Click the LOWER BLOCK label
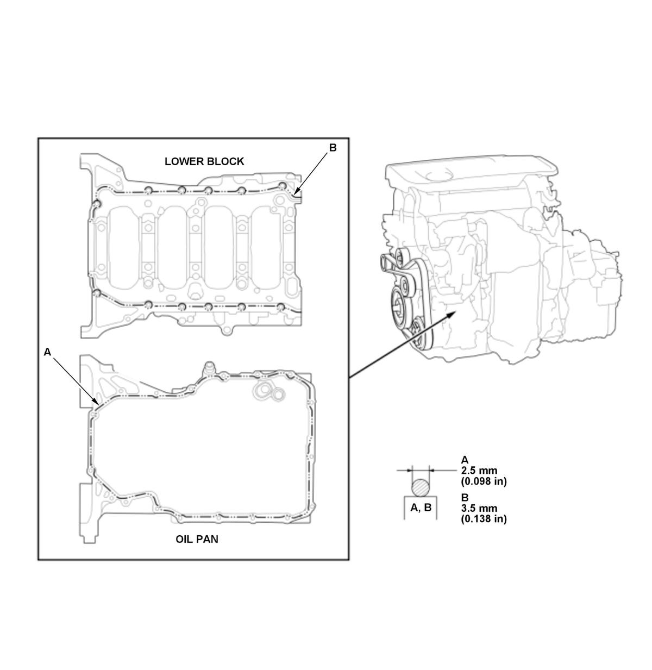pyautogui.click(x=204, y=161)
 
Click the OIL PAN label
pyautogui.click(x=197, y=539)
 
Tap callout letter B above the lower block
pyautogui.click(x=333, y=148)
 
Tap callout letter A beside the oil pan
pyautogui.click(x=47, y=352)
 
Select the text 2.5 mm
pyautogui.click(x=479, y=471)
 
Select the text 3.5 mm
pyautogui.click(x=479, y=508)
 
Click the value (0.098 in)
pyautogui.click(x=484, y=481)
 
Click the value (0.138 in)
pyautogui.click(x=484, y=519)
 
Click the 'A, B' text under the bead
pyautogui.click(x=421, y=508)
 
